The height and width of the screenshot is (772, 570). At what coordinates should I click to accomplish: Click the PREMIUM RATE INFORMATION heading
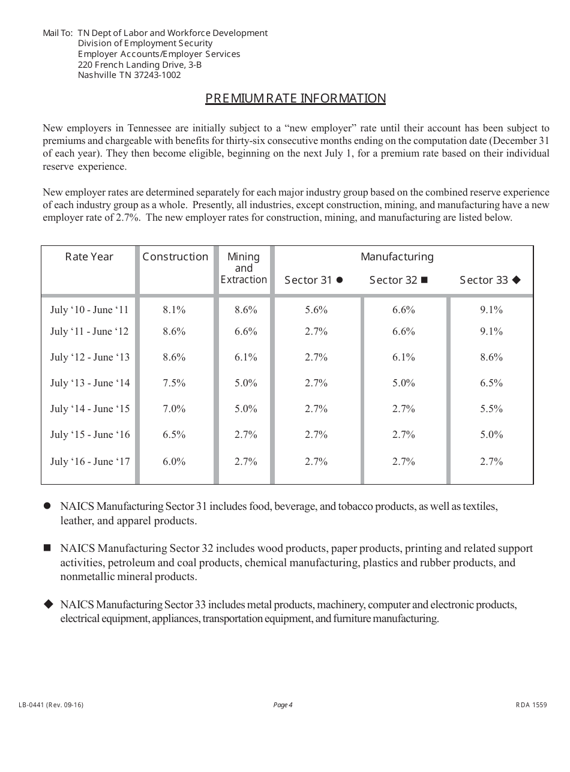coord(295,98)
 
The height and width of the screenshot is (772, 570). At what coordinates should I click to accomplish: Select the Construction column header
coord(175,257)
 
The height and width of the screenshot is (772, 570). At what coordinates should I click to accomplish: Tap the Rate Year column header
coord(89,257)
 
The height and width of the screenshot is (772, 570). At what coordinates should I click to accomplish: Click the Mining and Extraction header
coord(244,268)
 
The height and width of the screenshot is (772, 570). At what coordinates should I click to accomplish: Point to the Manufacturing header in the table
coord(397,257)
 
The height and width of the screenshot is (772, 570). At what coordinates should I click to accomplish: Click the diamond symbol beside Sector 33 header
coord(517,280)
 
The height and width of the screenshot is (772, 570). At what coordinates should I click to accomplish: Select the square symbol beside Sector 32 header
coord(424,280)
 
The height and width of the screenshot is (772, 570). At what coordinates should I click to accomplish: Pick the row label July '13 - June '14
coord(90,383)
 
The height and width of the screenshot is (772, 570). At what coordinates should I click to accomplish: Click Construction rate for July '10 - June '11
coord(174,310)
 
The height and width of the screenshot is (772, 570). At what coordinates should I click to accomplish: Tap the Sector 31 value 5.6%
coord(316,310)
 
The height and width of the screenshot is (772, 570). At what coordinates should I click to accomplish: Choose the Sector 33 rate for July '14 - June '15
coord(491,408)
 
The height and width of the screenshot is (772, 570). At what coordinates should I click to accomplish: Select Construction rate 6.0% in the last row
coord(174,461)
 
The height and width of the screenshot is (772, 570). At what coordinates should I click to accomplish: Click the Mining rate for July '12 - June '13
coord(246,357)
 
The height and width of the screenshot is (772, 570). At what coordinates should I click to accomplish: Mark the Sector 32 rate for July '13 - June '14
coord(404,383)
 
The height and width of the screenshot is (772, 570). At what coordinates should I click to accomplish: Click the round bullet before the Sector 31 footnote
coord(47,506)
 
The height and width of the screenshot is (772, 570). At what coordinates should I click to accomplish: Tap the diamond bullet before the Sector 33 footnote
coord(48,604)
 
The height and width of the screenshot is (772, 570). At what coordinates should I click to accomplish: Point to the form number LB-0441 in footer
coord(51,705)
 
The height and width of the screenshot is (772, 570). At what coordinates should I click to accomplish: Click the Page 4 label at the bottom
coord(283,705)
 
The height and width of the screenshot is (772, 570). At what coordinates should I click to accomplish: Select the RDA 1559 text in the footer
coord(531,705)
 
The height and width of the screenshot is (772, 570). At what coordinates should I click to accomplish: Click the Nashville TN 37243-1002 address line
coord(129,75)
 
